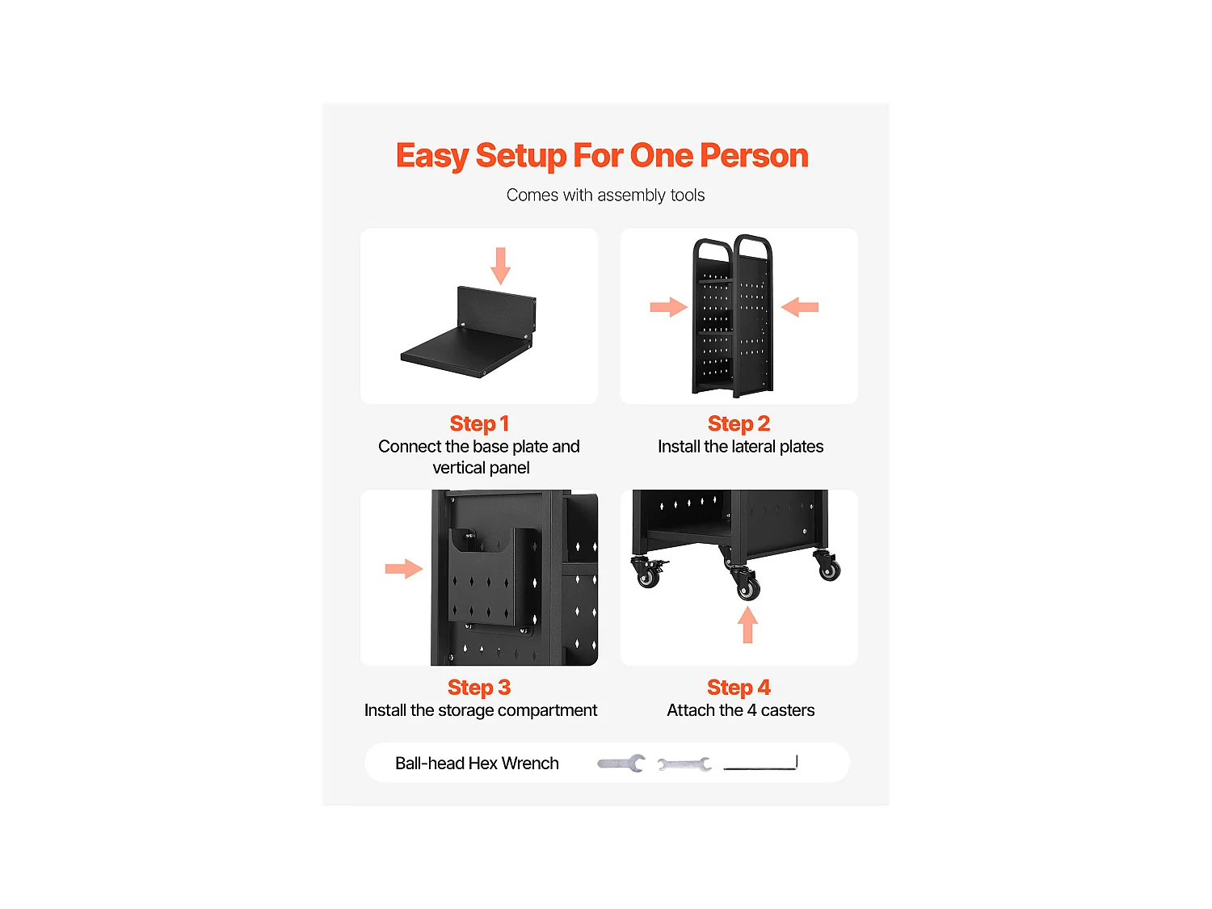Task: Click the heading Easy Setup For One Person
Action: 602,156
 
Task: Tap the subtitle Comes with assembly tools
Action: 605,196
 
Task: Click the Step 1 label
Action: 479,424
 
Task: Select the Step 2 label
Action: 739,424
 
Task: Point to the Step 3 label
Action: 479,688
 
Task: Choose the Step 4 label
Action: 739,688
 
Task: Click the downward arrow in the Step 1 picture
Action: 501,266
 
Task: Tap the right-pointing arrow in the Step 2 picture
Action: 669,307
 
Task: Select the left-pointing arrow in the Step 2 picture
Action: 800,307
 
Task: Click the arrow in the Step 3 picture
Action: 404,569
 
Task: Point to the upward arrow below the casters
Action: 747,625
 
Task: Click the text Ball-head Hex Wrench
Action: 477,764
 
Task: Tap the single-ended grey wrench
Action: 621,764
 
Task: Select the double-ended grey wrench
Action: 684,764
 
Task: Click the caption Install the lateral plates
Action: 740,447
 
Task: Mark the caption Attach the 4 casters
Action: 740,710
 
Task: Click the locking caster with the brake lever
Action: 649,572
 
